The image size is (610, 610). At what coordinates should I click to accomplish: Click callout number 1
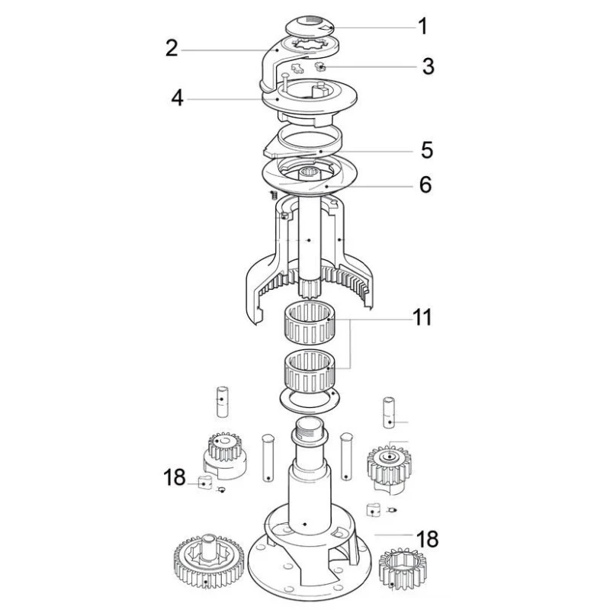point(422,27)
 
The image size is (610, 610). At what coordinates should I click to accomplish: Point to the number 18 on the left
point(174,479)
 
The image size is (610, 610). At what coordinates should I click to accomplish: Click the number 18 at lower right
point(427,540)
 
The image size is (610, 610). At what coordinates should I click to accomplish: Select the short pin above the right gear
point(389,413)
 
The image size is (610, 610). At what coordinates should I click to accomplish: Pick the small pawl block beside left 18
point(204,481)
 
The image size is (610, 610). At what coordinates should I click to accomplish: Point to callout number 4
point(177,98)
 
